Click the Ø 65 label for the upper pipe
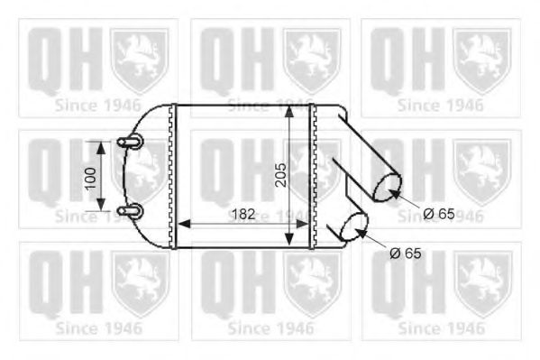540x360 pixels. (x=439, y=214)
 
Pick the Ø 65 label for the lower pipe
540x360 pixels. (x=406, y=254)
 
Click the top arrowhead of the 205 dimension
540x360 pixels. (x=288, y=109)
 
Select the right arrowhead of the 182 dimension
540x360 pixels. (x=304, y=224)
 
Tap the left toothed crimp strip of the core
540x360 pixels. (x=172, y=176)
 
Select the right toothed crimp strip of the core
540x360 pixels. (x=312, y=176)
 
